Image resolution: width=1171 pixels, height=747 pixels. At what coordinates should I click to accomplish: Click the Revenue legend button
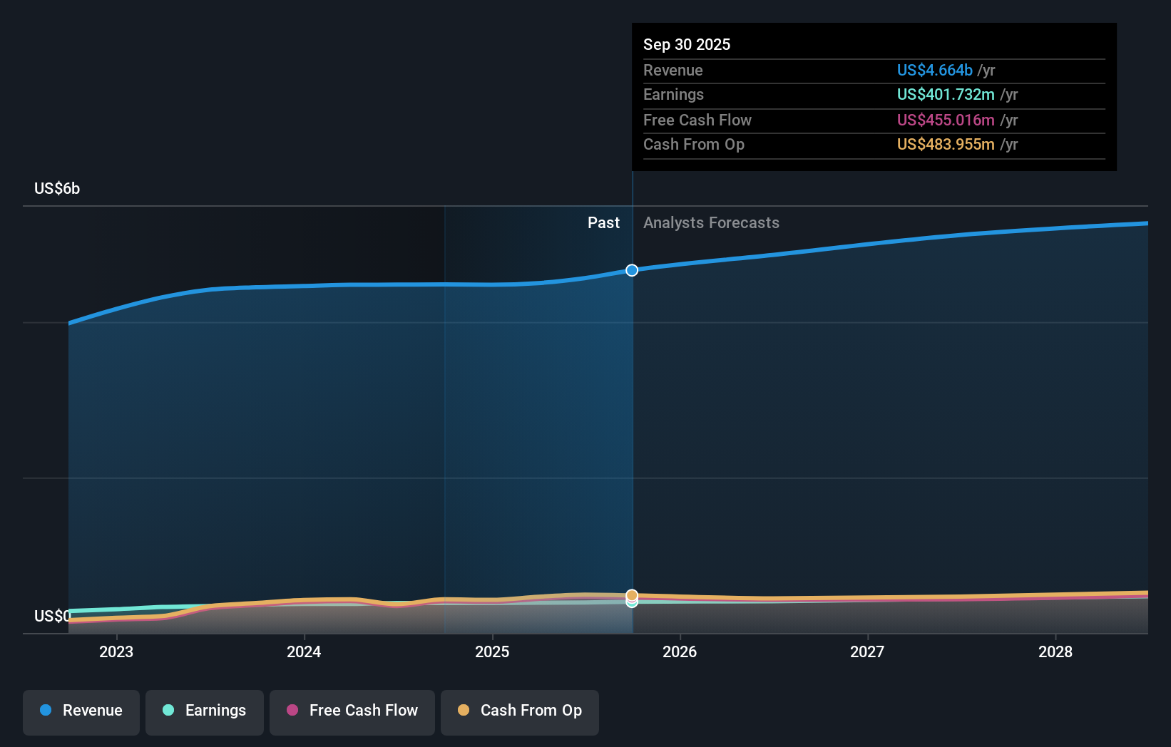click(81, 711)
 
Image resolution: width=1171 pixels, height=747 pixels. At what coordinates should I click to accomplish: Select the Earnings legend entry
click(205, 711)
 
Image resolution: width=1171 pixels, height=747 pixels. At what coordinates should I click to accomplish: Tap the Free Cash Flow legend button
click(352, 711)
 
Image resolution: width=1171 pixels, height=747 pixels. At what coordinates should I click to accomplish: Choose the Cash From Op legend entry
click(520, 711)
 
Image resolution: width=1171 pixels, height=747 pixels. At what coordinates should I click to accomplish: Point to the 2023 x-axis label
click(116, 652)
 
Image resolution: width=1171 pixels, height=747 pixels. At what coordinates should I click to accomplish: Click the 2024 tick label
click(304, 652)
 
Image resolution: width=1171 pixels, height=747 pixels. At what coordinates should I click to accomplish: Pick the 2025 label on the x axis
click(492, 652)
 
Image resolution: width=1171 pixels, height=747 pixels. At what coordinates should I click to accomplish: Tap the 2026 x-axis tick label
click(680, 652)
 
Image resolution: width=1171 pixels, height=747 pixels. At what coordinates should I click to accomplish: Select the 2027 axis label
click(867, 652)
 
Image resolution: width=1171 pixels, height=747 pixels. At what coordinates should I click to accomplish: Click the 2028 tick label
click(1055, 652)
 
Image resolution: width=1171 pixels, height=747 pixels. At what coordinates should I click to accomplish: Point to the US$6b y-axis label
click(57, 189)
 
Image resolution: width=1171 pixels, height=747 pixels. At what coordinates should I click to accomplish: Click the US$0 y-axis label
click(52, 616)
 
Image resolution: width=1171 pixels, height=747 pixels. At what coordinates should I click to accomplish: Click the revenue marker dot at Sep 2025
click(632, 270)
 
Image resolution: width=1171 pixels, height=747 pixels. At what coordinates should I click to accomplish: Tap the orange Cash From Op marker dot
click(632, 594)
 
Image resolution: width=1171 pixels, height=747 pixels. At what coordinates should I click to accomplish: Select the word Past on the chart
click(603, 223)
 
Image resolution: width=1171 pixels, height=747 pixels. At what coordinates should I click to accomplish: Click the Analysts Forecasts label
click(711, 223)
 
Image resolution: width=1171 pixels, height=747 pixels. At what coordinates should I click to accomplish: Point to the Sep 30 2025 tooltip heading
click(687, 45)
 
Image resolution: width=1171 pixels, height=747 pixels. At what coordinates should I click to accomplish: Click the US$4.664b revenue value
click(934, 71)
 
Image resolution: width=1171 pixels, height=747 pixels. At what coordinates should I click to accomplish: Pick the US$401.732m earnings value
click(945, 95)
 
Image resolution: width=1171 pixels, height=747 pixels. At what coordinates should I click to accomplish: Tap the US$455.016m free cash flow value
click(945, 120)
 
